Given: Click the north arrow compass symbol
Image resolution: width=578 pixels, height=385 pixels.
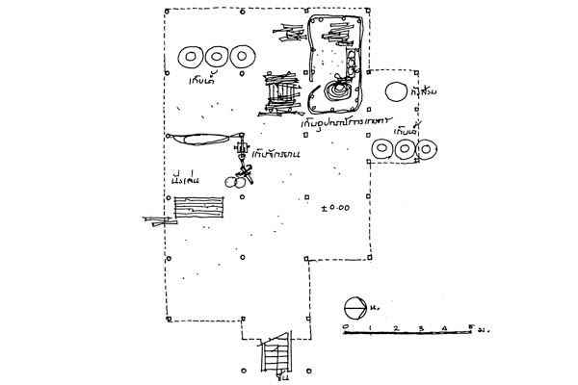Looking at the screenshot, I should tap(355, 308).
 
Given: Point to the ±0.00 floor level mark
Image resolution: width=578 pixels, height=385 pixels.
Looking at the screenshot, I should tap(337, 207).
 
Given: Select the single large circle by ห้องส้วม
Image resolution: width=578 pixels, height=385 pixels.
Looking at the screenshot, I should tap(395, 92).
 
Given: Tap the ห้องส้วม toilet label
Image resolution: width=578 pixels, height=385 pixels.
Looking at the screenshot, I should tap(425, 92).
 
